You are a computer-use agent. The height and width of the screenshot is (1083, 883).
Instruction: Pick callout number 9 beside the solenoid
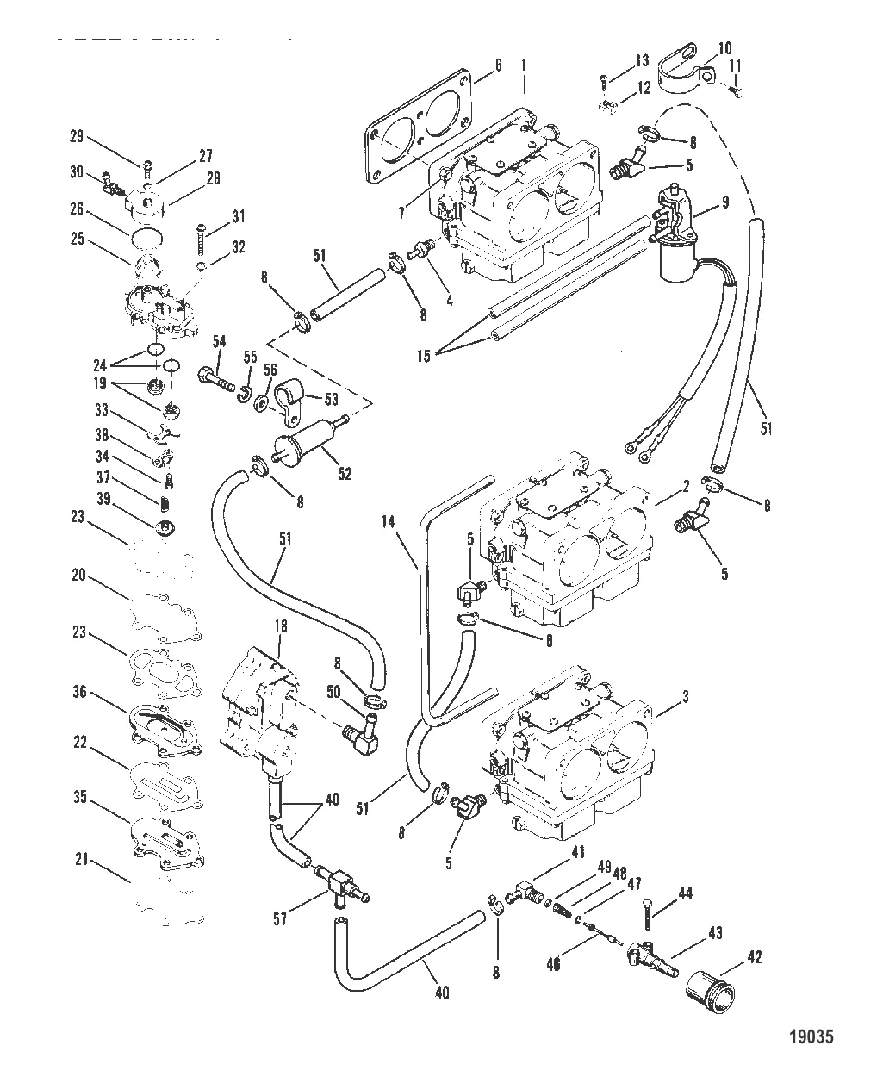coord(726,204)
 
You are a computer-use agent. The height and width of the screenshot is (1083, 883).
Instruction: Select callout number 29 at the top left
coord(77,136)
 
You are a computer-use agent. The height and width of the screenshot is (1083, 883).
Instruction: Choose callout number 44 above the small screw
coord(685,895)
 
